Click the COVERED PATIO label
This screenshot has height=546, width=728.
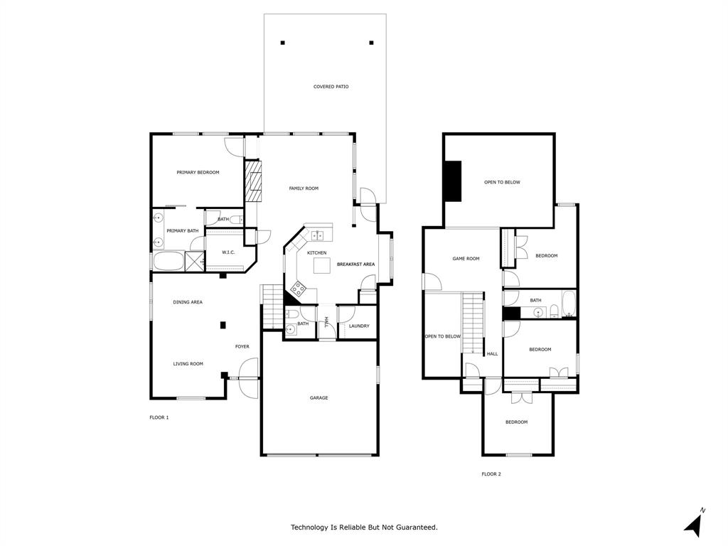[x=331, y=87]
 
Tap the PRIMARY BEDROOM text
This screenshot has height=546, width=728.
[x=198, y=173]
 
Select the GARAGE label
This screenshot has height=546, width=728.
[x=318, y=398]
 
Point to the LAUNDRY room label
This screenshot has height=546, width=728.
[x=359, y=326]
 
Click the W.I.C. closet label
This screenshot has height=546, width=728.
[x=228, y=252]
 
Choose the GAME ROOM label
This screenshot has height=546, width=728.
[x=466, y=259]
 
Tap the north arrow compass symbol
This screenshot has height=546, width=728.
[x=695, y=524]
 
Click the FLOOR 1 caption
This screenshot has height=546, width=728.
[x=159, y=417]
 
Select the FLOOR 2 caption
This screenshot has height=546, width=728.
[x=491, y=474]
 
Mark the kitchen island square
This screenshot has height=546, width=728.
[x=323, y=265]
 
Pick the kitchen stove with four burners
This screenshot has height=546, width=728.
[x=298, y=289]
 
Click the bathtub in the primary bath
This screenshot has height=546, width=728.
[x=168, y=262]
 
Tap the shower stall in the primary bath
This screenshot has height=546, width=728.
[x=195, y=261]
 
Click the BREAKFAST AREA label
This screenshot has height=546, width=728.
[x=355, y=264]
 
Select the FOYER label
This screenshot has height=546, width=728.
[x=242, y=347]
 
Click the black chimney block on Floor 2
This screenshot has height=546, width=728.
[x=452, y=182]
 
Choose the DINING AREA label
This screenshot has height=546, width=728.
[x=188, y=302]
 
